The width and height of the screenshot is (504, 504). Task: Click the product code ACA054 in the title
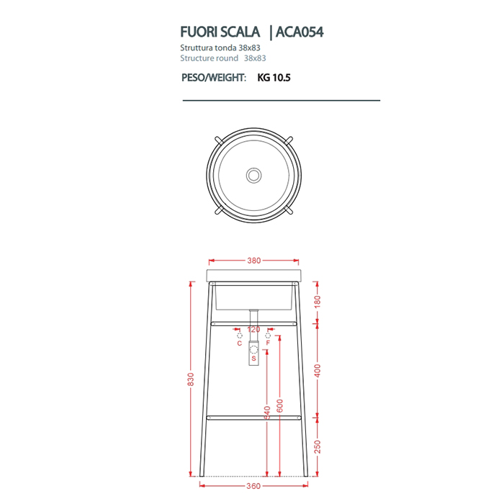click(x=303, y=32)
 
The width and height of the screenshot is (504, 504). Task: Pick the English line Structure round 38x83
click(x=223, y=58)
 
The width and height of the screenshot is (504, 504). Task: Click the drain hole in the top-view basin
click(x=253, y=175)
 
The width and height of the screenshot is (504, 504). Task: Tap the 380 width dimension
click(x=253, y=261)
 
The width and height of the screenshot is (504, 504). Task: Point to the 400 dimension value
click(x=318, y=370)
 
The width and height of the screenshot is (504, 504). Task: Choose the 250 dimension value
click(x=318, y=447)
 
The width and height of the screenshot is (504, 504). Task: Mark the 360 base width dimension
click(x=253, y=487)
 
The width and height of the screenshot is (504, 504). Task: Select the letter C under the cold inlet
click(x=240, y=343)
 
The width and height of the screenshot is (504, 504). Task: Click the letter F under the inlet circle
click(x=268, y=343)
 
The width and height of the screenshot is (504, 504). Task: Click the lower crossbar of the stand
click(x=253, y=417)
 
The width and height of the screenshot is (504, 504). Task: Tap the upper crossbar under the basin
click(x=253, y=323)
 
